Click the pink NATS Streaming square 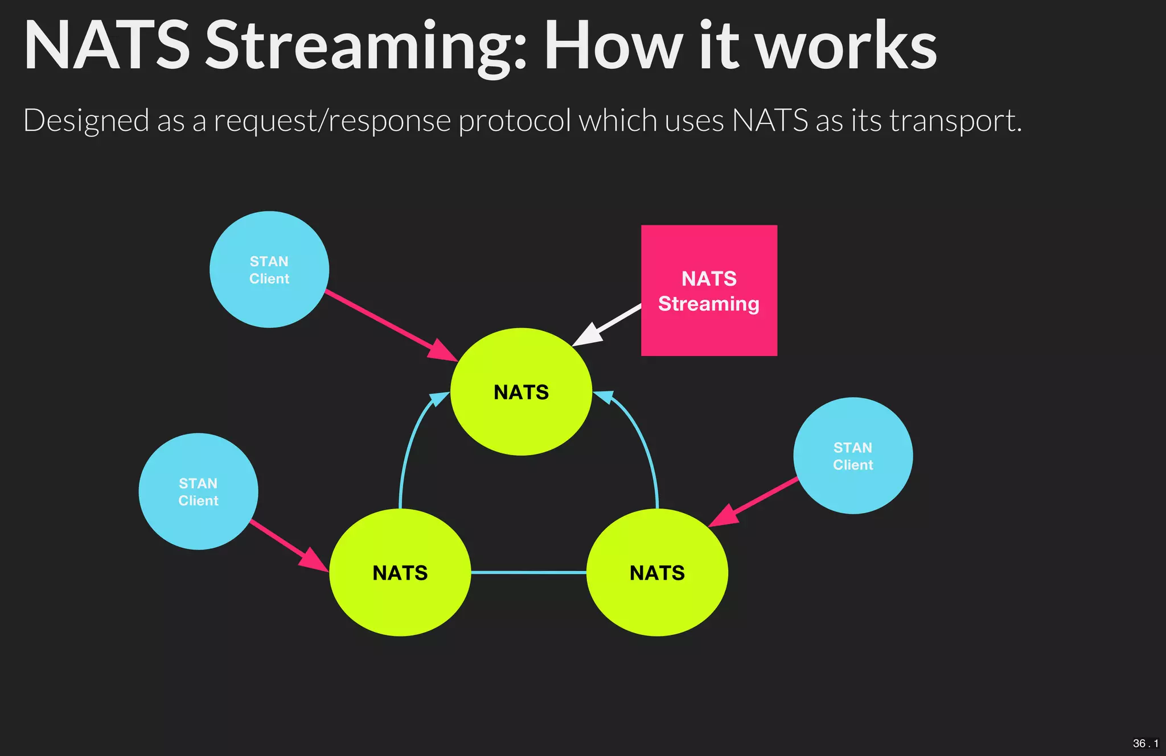click(709, 290)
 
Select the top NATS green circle click(521, 392)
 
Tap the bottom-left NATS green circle click(400, 572)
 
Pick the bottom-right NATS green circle click(657, 572)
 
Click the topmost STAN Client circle click(269, 270)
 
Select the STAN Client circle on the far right click(853, 456)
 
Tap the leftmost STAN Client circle click(198, 491)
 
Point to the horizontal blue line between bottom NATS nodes click(528, 572)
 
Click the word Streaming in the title click(364, 47)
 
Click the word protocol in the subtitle click(514, 121)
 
